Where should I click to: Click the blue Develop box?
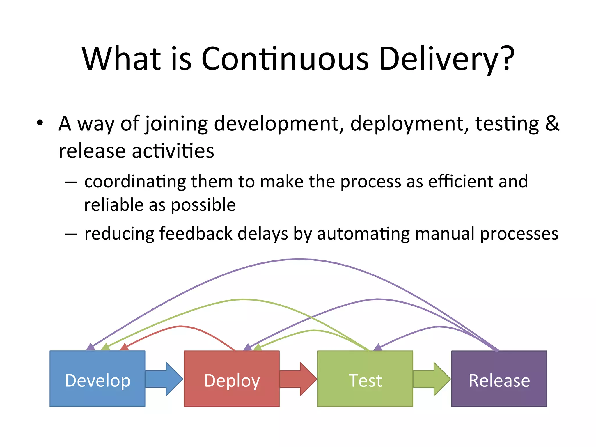tap(97, 378)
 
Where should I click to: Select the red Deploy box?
tap(232, 378)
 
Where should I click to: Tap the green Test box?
tap(365, 378)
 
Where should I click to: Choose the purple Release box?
tap(499, 378)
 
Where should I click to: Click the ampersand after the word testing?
tap(552, 123)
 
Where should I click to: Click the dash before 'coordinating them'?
tap(71, 182)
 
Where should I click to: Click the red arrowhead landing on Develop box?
tap(124, 347)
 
